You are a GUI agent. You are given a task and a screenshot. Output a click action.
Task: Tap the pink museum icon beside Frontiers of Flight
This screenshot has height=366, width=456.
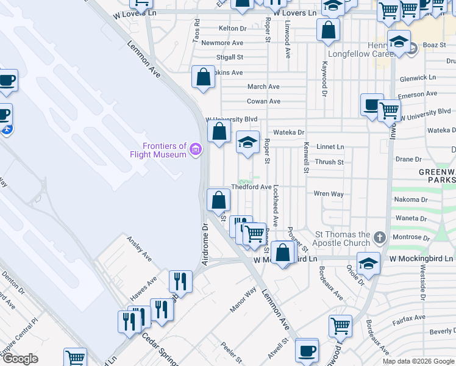point(196,149)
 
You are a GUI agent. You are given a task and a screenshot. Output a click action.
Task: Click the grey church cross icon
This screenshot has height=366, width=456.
point(379,237)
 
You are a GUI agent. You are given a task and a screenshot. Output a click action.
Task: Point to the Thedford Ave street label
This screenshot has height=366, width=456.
point(251,187)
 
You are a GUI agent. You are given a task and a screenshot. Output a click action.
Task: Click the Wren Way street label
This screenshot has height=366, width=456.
point(329,194)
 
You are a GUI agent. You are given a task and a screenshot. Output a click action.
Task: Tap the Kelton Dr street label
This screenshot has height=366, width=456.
point(232,29)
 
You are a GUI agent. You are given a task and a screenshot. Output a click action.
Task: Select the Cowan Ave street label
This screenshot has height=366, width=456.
point(263,101)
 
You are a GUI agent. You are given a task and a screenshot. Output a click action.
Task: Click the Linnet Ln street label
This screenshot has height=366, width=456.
point(330,147)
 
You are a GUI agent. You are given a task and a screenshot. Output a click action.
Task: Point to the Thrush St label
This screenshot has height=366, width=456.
point(329,162)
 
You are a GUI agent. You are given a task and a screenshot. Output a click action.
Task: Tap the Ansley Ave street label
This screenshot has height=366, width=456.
point(140,246)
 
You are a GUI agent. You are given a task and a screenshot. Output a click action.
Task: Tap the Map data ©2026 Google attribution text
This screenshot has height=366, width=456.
point(418,361)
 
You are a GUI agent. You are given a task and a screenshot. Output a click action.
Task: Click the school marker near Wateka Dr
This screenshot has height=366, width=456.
point(248,143)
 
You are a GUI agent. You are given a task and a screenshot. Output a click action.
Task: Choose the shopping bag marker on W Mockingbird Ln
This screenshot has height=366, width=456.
point(283,253)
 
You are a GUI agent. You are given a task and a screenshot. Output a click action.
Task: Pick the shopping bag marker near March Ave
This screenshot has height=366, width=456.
point(204,77)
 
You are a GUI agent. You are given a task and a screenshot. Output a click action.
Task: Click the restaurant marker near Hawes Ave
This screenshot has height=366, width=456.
point(180,281)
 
